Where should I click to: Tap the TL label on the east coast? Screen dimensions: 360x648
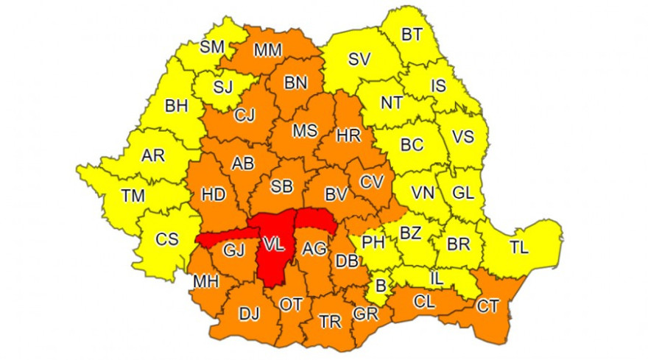point(519,248)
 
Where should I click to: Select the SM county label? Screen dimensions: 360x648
point(212,47)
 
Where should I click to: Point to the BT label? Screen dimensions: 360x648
point(411,34)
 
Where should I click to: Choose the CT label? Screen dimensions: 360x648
point(487,306)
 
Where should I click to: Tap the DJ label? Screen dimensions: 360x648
point(250,314)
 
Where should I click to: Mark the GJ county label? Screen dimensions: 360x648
point(233,250)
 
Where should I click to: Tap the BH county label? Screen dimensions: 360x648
point(177,106)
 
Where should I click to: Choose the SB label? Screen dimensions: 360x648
point(281,187)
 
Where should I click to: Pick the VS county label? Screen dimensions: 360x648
point(462,138)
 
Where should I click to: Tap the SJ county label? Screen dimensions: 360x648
point(222,88)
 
